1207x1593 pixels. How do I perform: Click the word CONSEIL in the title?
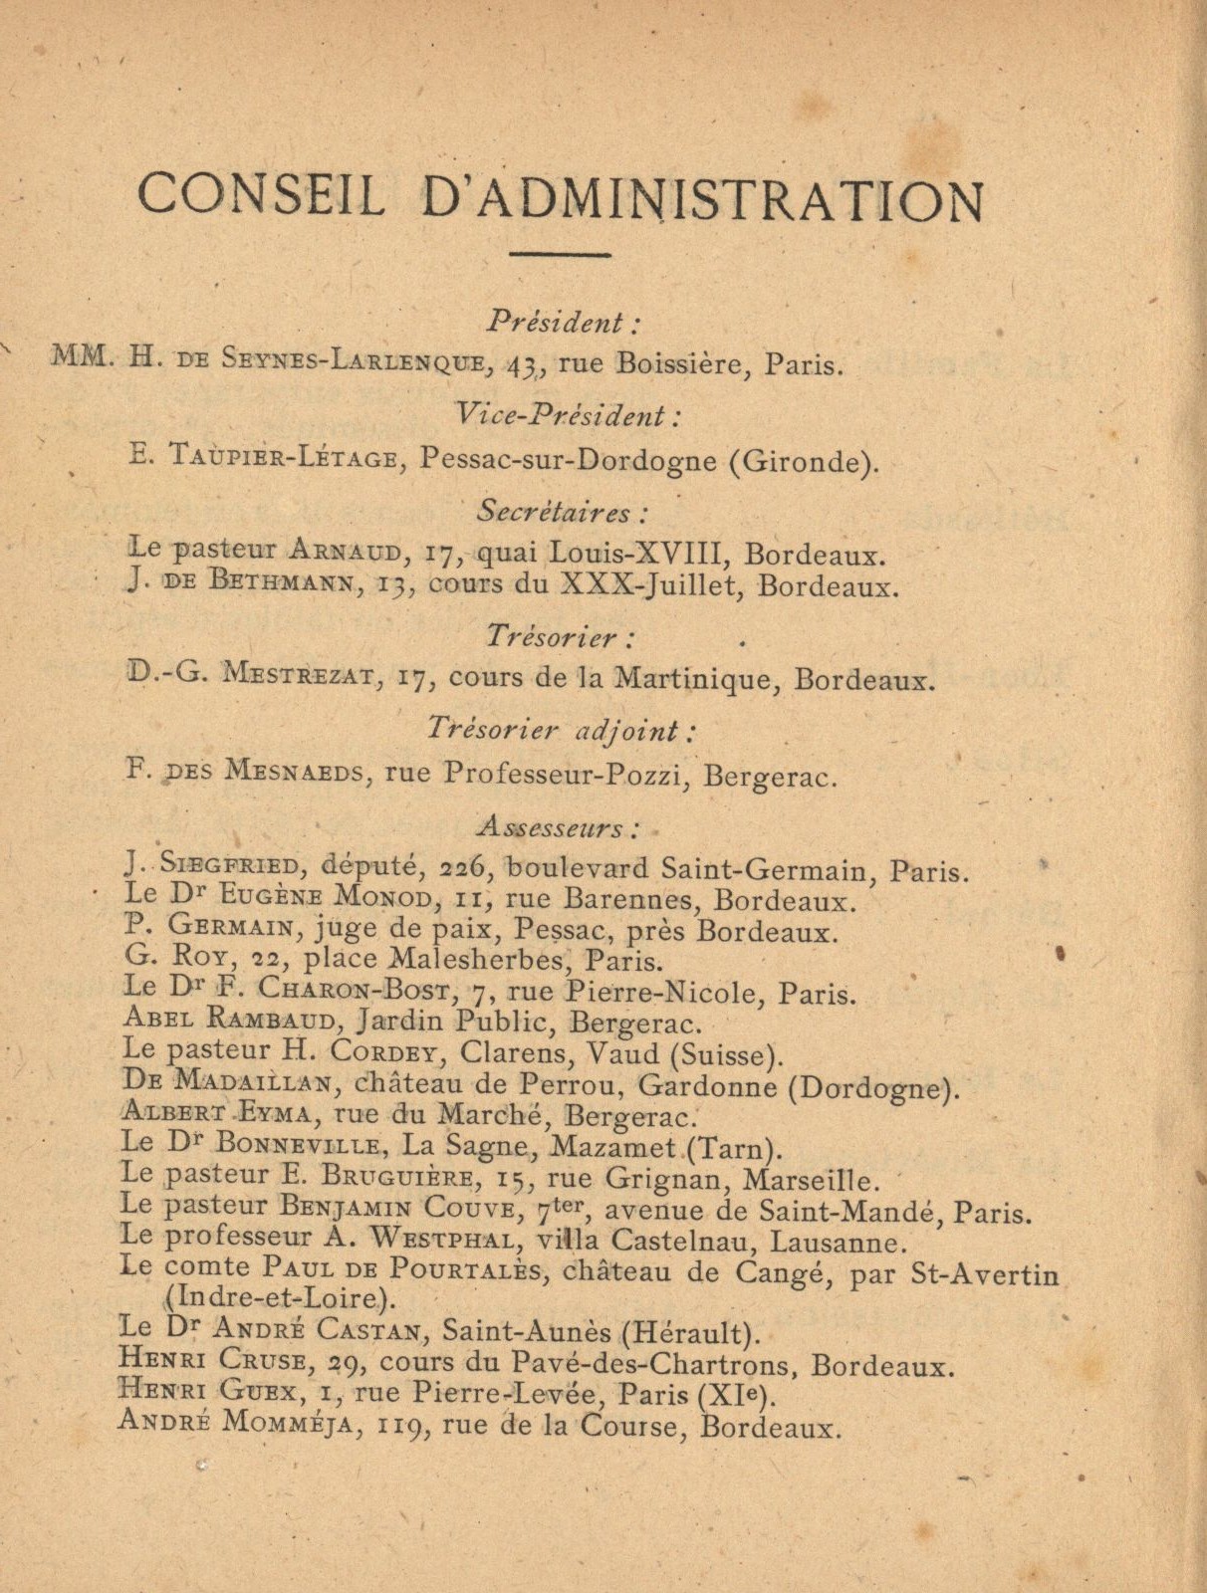click(261, 196)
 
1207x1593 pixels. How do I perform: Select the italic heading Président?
click(563, 323)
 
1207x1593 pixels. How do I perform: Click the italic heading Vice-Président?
click(566, 415)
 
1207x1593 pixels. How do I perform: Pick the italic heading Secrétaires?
click(563, 512)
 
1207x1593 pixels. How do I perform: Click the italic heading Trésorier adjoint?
click(560, 729)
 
